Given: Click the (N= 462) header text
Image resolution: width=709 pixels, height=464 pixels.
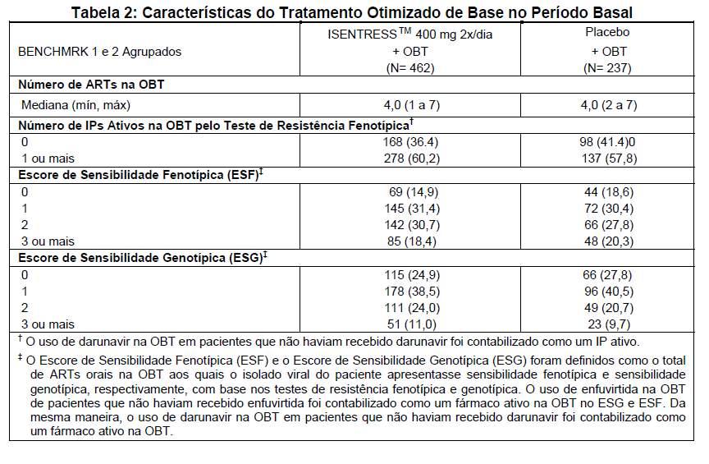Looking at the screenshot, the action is coord(410,68).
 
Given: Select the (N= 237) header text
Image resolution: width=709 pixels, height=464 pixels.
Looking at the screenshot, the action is coord(607,68).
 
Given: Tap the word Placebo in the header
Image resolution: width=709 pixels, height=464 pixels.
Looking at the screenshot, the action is coord(607,32).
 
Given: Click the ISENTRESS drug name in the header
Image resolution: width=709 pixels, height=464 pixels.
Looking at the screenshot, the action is coord(363,34).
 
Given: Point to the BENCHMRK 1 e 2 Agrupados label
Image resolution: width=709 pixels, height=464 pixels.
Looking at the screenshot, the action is coord(99,52).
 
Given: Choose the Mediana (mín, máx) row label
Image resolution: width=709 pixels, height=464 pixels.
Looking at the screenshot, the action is coord(75,105).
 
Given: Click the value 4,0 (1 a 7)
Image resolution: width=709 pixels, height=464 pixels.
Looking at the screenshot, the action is coord(411,105).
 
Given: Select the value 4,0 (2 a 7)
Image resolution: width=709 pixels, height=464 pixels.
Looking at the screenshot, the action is coord(609,105).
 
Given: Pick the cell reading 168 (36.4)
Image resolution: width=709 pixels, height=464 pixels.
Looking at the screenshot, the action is coord(410,142).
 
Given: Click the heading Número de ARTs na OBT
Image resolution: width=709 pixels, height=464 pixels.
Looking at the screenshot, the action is coord(91,85).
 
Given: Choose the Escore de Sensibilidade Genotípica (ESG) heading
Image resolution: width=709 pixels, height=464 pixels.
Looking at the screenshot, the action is coord(140,258).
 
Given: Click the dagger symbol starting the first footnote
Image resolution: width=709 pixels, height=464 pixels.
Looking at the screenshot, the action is coord(20,338).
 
